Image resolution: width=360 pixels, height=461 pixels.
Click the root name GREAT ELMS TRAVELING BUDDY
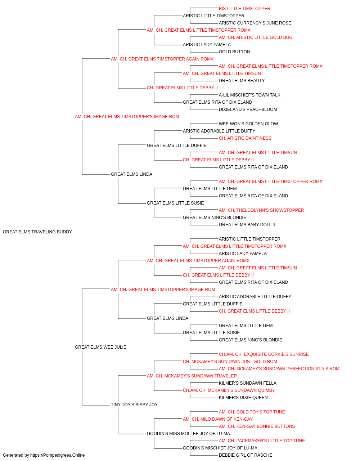37,232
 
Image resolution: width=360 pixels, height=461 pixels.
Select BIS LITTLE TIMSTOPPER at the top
244,9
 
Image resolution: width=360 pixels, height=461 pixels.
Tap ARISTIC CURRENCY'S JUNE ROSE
255,23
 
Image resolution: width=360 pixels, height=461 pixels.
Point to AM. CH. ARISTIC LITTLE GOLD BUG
256,37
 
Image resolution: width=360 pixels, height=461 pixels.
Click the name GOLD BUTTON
234,52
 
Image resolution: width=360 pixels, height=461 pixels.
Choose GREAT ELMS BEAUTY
242,81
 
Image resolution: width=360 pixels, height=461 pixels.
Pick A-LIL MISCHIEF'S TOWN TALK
249,95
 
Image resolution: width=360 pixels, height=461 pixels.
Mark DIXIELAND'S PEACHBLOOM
248,109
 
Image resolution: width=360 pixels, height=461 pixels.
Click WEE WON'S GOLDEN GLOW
248,124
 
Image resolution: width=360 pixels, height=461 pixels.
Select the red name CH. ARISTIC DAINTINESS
245,138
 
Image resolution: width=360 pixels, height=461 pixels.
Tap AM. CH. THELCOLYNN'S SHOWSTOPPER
261,210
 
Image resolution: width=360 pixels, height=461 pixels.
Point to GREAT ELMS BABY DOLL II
247,225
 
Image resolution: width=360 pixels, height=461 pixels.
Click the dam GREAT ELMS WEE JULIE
100,347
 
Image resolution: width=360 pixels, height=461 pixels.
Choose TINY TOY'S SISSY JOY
134,405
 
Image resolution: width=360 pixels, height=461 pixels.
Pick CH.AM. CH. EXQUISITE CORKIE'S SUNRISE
264,354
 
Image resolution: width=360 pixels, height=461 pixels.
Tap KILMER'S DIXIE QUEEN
243,398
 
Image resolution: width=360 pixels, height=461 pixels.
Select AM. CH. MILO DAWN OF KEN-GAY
218,419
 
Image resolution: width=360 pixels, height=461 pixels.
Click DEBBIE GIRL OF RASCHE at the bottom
246,455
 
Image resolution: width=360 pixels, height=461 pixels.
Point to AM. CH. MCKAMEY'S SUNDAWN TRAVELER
192,376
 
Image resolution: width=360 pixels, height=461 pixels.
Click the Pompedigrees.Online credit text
44,455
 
